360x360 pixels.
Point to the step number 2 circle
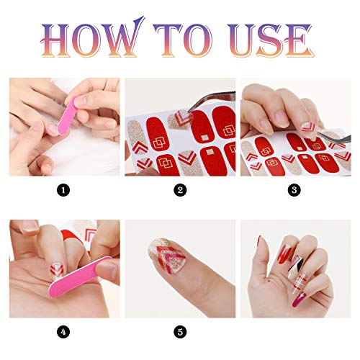coord(180,190)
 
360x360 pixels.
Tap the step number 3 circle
coord(294,190)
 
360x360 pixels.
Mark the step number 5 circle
coord(180,332)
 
